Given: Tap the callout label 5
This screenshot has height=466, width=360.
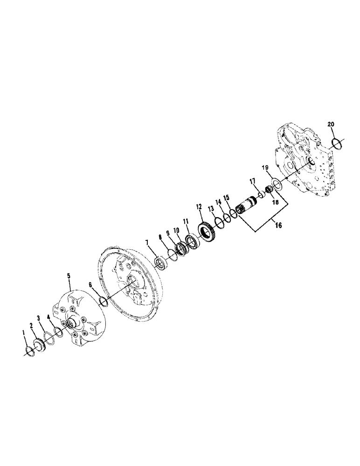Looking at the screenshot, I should (x=69, y=276).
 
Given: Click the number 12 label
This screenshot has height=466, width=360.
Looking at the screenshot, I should (x=199, y=206).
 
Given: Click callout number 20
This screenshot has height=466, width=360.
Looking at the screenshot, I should (x=331, y=124).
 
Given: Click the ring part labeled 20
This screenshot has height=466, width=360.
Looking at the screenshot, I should (x=337, y=142).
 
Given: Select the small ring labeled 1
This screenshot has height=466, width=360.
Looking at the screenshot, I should (x=28, y=349).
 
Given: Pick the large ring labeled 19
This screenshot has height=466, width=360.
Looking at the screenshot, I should (x=276, y=184).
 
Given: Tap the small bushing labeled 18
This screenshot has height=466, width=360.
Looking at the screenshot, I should (x=269, y=189).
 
